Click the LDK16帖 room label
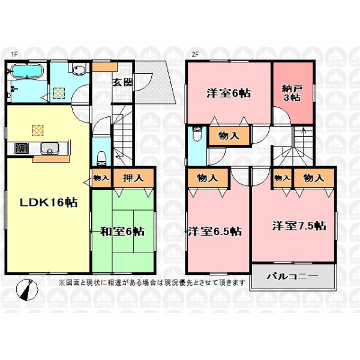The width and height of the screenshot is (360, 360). coord(49,202)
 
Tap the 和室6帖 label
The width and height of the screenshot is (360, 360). coord(122,232)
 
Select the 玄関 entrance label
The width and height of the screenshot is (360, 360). coord(122,82)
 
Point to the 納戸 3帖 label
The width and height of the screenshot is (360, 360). coord(292,93)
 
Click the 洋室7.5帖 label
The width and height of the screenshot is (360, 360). coord(299,226)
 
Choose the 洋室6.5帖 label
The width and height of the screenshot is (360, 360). coord(215,232)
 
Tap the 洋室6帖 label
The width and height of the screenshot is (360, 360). coord(229,93)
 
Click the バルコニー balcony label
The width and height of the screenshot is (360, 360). coord(292,276)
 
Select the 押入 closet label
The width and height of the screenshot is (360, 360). coord(133,178)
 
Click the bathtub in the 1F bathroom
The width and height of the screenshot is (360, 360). coord(28,71)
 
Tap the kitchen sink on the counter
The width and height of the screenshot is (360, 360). coord(49,148)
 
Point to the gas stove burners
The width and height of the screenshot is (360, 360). coord(22,148)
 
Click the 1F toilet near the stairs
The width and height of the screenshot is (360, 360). coord(101,158)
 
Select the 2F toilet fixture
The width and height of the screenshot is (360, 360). coord(197,134)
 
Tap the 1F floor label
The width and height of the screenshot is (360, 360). coord(14,55)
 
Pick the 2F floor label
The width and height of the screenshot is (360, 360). coord(195,55)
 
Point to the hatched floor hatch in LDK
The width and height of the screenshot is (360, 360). coord(37,130)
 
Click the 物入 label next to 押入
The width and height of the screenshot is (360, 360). coord(101,178)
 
